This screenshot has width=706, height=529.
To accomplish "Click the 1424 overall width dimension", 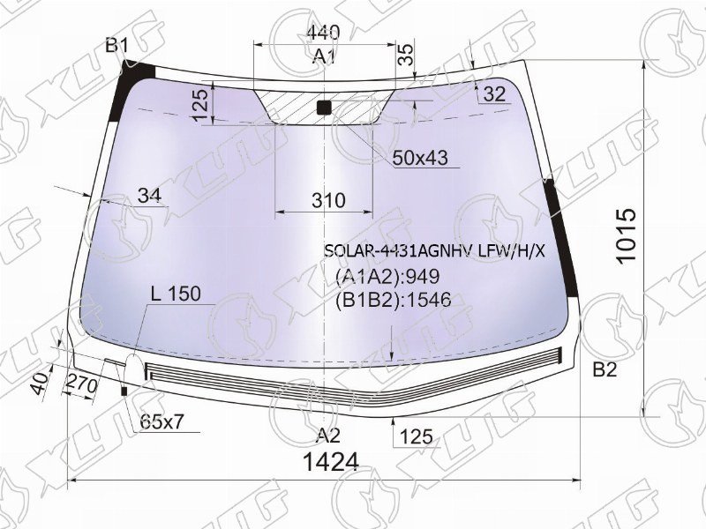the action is pyautogui.click(x=332, y=461).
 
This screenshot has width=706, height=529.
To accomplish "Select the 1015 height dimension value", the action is pyautogui.click(x=627, y=235).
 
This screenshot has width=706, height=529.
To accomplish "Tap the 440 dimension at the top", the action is pyautogui.click(x=323, y=33).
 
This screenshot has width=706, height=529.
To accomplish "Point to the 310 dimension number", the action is pyautogui.click(x=328, y=200).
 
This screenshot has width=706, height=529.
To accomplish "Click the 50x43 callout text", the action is pyautogui.click(x=420, y=158).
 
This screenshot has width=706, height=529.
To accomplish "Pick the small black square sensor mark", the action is pyautogui.click(x=324, y=108).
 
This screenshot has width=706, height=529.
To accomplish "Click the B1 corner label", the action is pyautogui.click(x=117, y=46).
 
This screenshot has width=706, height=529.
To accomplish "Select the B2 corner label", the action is pyautogui.click(x=605, y=369).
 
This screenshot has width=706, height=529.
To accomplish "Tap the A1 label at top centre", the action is pyautogui.click(x=325, y=56).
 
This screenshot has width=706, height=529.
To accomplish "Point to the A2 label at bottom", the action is pyautogui.click(x=327, y=435).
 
